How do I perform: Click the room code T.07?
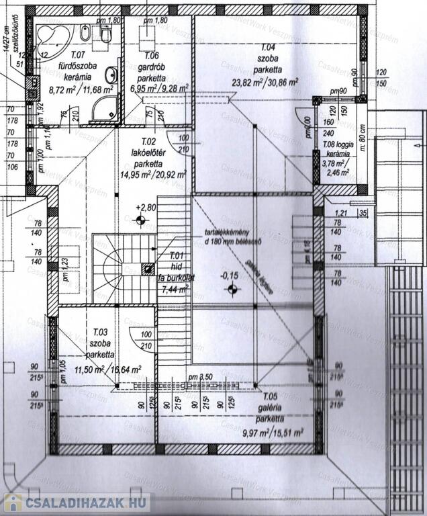point(78,54)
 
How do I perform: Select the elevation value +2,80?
point(146,208)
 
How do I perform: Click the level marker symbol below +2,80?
point(140,220)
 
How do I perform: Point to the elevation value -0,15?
point(231,275)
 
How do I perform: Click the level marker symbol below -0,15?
point(232,289)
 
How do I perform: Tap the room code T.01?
point(177,255)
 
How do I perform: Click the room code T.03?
point(100,332)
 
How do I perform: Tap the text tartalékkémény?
point(228,234)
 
